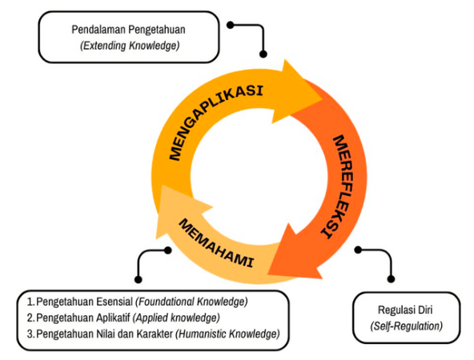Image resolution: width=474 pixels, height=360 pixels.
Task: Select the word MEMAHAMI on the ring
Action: [215, 242]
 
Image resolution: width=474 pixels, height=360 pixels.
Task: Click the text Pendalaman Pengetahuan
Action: [128, 30]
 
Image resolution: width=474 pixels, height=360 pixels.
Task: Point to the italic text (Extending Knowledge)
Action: [130, 46]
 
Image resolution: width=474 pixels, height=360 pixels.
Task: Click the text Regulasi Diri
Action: [405, 310]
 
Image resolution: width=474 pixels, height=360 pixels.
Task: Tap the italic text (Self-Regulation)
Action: [406, 326]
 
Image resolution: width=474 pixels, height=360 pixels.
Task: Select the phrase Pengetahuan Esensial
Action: [85, 302]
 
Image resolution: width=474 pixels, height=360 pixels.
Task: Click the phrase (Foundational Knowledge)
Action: [191, 302]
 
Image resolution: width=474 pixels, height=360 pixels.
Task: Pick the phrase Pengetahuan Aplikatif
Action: [83, 318]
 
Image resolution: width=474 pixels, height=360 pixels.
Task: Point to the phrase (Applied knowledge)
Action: [176, 318]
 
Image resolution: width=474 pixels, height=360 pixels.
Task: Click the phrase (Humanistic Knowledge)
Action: [227, 334]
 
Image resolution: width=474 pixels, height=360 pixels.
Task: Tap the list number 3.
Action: [30, 334]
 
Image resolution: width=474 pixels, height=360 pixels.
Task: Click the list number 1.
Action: [30, 302]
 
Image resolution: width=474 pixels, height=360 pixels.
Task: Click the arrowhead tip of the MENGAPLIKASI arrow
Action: [322, 99]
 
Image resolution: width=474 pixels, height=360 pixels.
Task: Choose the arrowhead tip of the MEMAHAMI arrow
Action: [162, 186]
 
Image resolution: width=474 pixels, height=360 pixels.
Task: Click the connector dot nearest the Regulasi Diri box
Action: [391, 279]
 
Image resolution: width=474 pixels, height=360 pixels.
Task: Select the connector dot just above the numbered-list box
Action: [139, 279]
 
